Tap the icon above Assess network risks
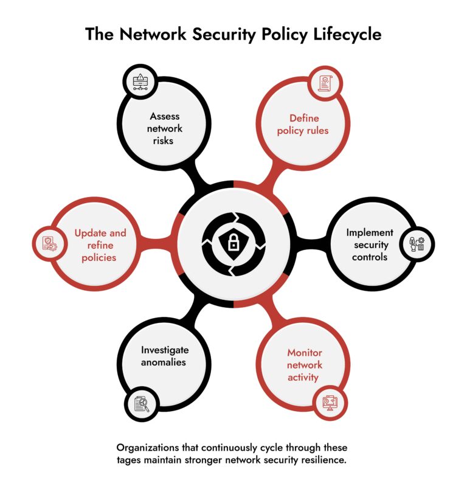(140, 81)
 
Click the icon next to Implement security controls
(417, 244)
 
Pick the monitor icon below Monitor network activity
(329, 403)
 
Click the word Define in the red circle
(303, 118)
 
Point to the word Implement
(370, 232)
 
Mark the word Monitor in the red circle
(305, 353)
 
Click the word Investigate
(165, 350)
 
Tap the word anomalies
(165, 362)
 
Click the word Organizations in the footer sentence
(152, 448)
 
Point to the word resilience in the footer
(324, 460)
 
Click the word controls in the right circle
(370, 257)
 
